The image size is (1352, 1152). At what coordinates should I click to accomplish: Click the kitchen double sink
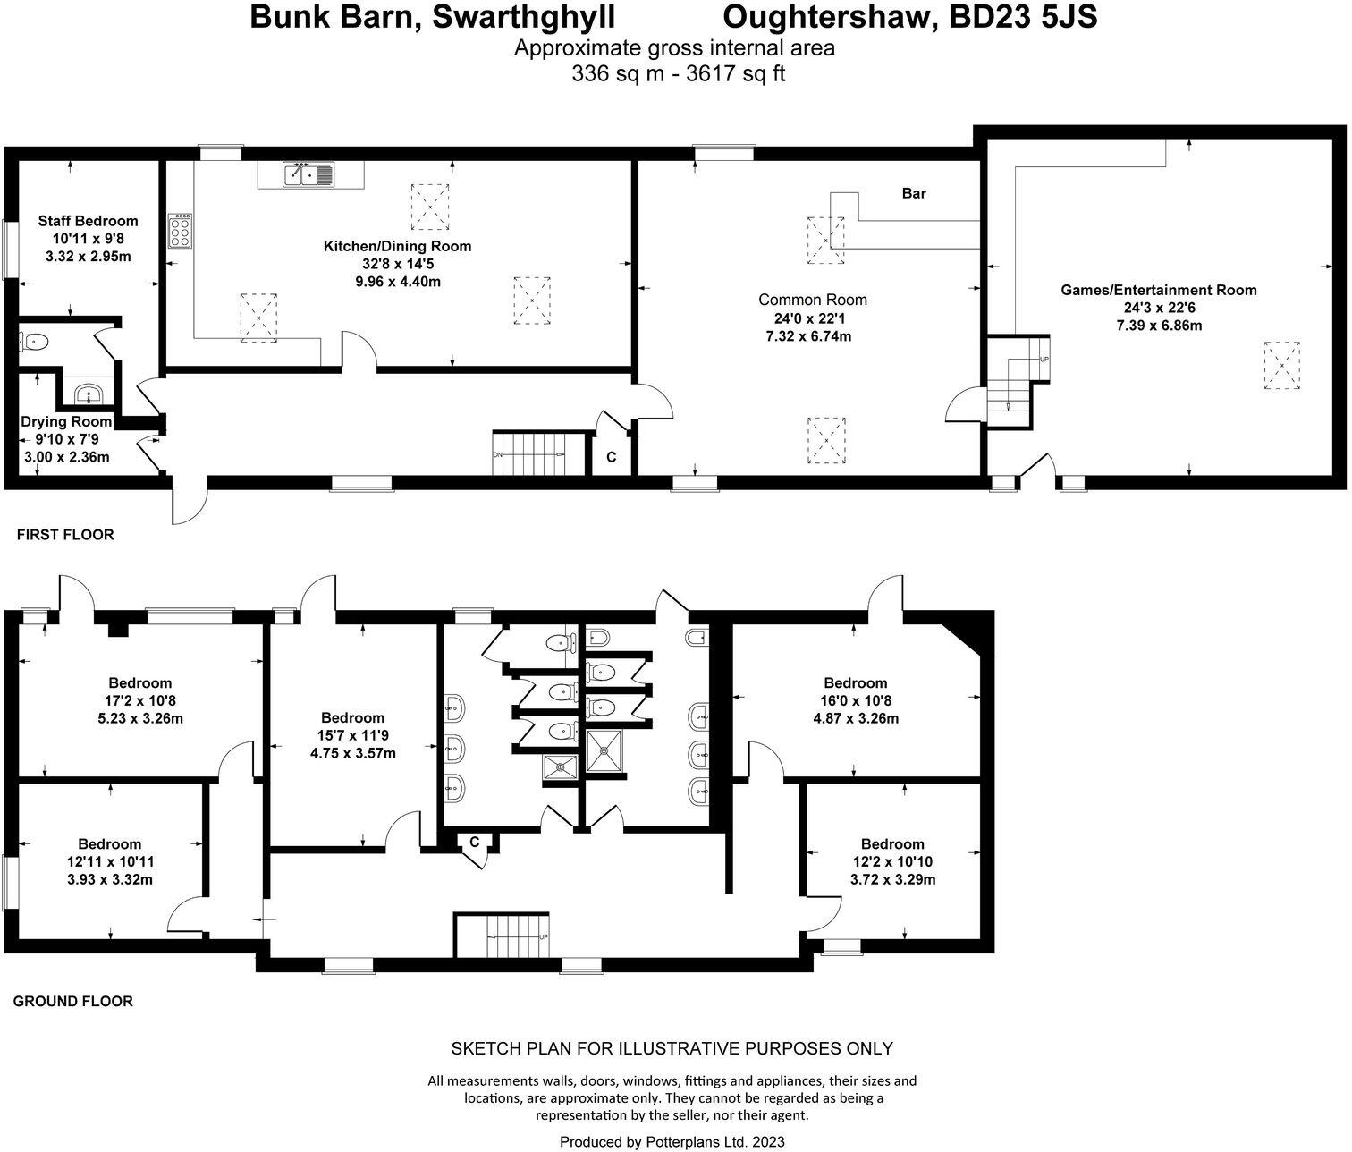[308, 175]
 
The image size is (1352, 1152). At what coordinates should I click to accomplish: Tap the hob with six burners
[179, 230]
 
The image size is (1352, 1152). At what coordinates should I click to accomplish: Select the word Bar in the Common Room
[914, 193]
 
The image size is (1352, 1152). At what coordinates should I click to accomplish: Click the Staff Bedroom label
[88, 221]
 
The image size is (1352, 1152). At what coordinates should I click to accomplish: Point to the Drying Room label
[67, 421]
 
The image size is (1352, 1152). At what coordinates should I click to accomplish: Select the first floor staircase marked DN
[529, 454]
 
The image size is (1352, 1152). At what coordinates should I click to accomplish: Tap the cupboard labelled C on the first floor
[612, 457]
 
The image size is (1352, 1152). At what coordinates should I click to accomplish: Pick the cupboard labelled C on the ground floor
[475, 842]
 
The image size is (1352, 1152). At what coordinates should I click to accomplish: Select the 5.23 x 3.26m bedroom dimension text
[141, 718]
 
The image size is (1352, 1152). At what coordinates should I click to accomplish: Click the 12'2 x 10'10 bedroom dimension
[892, 862]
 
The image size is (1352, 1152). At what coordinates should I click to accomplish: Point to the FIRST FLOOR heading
[65, 535]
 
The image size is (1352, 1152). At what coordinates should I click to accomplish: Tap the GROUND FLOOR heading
[72, 1002]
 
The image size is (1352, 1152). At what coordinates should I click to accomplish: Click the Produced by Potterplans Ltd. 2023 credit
[672, 1142]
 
